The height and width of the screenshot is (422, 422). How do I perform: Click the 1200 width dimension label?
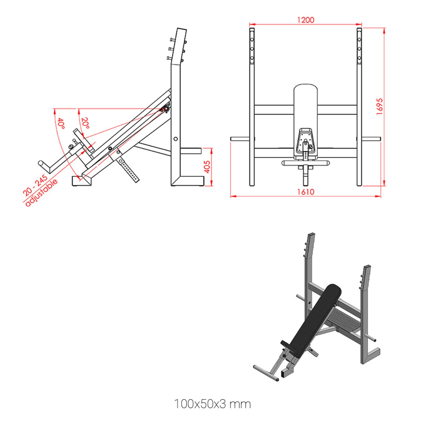305,20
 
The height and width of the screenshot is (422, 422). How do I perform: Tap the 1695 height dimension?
379,106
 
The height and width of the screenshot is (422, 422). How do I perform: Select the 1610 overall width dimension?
306,192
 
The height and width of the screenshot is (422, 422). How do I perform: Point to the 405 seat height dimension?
207,167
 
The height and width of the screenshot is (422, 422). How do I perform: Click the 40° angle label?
61,123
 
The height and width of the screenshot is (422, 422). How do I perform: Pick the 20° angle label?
85,123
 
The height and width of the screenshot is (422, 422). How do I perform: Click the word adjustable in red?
41,193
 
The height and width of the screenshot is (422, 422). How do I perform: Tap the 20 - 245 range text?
35,185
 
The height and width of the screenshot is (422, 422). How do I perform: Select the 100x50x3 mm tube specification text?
212,404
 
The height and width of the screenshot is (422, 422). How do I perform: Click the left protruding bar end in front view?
239,139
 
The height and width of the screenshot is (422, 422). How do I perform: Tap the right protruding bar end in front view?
372,139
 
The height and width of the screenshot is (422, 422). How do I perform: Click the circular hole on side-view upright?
176,139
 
